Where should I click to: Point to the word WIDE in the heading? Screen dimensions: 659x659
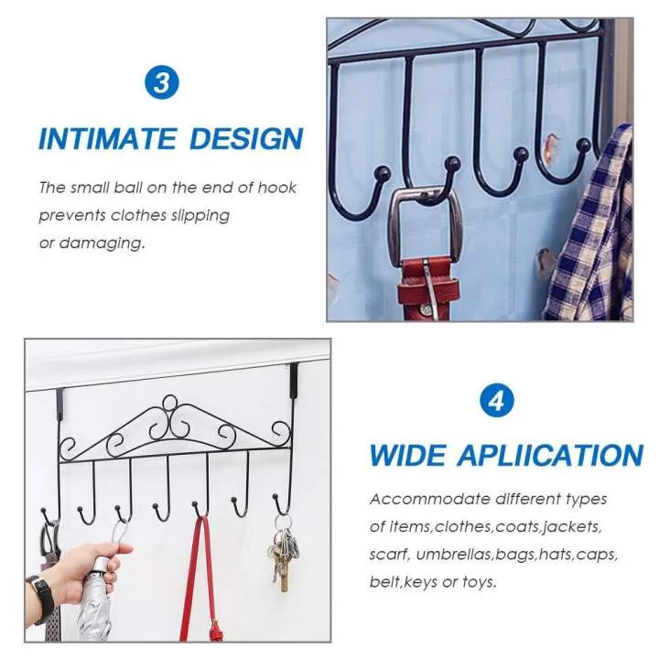pos(409,455)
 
